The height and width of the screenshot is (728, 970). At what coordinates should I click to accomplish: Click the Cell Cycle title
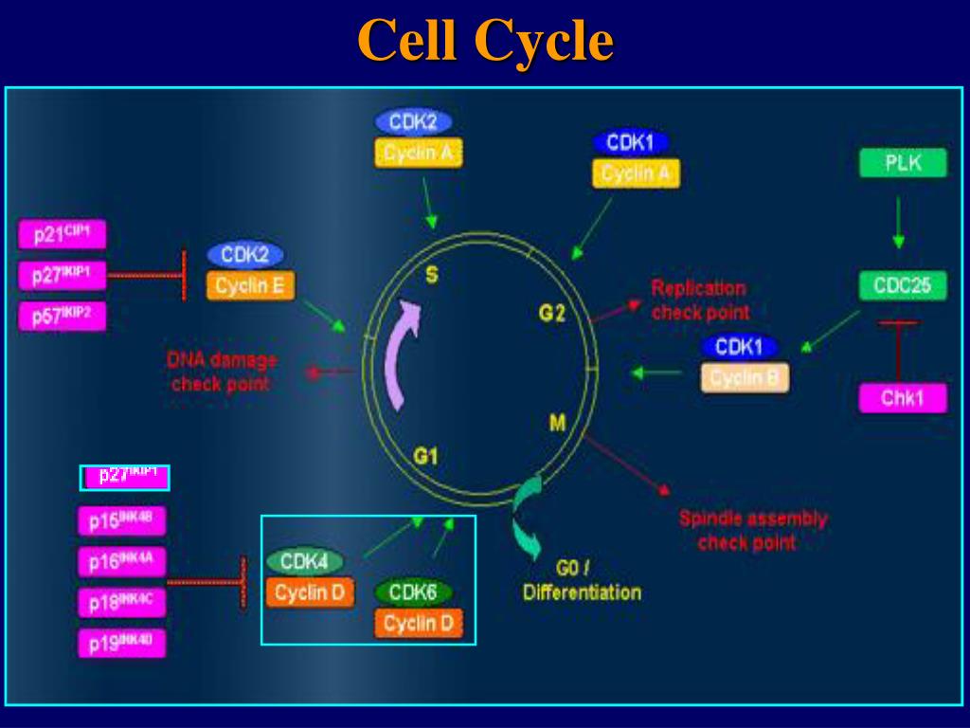point(485,42)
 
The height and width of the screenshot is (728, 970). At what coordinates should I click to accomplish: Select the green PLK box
point(903,163)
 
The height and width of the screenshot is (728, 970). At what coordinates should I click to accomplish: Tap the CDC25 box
point(903,285)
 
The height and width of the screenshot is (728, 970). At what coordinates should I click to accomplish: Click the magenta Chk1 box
point(903,398)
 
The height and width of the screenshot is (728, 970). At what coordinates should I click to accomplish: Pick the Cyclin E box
point(250,286)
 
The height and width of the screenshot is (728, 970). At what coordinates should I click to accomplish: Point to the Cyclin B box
point(745,377)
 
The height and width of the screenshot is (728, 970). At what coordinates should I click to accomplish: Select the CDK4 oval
point(304,562)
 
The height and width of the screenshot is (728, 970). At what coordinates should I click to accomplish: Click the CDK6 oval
point(413,592)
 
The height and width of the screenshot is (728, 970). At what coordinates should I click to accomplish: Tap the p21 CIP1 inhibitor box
point(62,234)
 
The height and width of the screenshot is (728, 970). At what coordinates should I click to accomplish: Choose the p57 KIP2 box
point(62,317)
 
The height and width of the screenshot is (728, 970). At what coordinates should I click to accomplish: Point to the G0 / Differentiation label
point(581,581)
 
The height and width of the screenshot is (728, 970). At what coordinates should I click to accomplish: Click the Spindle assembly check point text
point(752,531)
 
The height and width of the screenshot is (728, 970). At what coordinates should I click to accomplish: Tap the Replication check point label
point(699,300)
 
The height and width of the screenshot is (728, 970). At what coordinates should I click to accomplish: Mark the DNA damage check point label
point(222,372)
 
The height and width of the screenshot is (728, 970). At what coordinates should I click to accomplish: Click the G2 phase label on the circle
point(551,313)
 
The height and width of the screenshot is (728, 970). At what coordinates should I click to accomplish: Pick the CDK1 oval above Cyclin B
point(739,347)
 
